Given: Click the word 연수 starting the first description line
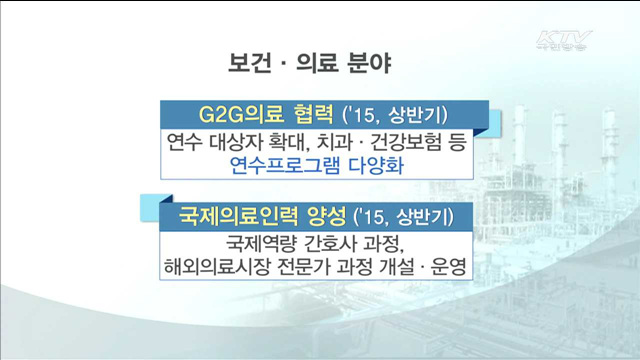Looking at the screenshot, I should point(182,143).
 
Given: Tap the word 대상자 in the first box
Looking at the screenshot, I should point(234,143).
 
